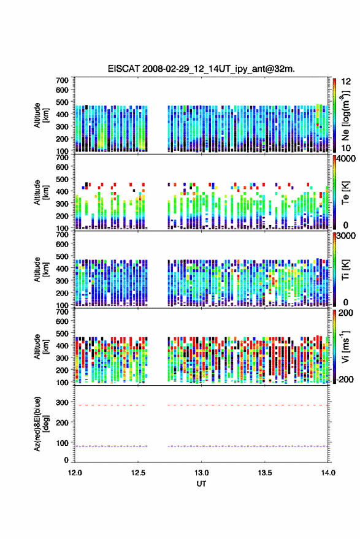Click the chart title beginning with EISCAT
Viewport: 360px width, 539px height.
pos(201,69)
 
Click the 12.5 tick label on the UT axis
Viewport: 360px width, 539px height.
pos(138,473)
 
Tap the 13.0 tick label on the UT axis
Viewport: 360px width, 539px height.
pos(202,473)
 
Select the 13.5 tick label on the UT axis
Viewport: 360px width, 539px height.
pos(265,473)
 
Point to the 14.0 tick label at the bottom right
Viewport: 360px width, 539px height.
pos(328,473)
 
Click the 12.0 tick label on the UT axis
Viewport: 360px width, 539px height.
pos(75,473)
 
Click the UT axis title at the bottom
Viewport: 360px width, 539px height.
pos(201,484)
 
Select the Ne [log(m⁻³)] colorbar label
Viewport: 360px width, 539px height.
pos(345,115)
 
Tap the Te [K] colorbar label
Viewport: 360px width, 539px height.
pos(345,193)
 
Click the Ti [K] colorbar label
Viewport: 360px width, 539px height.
pos(345,270)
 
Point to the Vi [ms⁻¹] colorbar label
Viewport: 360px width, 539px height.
pos(345,346)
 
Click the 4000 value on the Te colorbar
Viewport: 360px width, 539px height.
pos(347,159)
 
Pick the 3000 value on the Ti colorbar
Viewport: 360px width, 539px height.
pos(347,236)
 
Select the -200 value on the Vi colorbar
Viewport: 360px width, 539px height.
pos(345,379)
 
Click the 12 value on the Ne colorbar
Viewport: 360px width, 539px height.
pos(347,82)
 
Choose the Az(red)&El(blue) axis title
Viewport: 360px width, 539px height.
pos(41,424)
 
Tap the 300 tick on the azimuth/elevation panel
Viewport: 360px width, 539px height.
pos(62,402)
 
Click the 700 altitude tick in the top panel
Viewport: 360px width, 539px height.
pos(62,80)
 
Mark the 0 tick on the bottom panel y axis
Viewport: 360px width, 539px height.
pos(66,460)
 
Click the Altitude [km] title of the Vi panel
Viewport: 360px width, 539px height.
pos(41,347)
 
